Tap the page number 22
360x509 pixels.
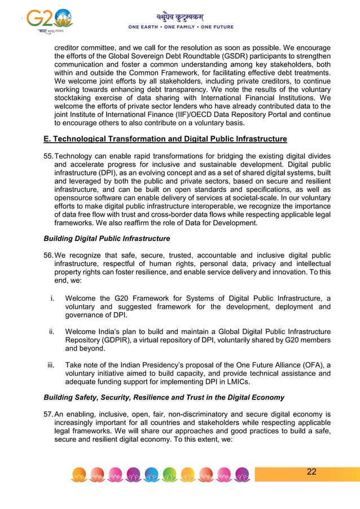tap(311, 472)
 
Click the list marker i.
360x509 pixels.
tap(52, 298)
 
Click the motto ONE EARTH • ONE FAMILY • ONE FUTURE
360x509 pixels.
tap(181, 27)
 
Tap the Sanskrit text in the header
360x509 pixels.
tap(180, 17)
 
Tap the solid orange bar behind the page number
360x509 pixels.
tap(339, 473)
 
